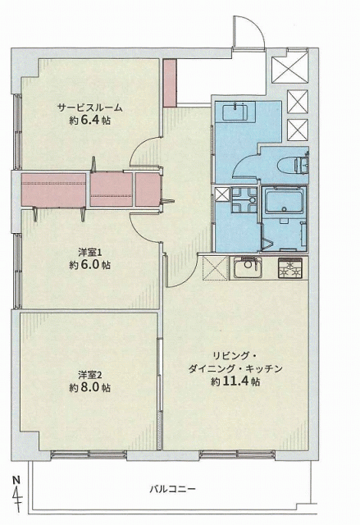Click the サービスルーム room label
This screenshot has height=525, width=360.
(x=89, y=107)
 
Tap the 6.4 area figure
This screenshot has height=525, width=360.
(x=89, y=121)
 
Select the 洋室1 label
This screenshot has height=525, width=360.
(x=89, y=252)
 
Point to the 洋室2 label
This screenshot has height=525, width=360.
(x=89, y=374)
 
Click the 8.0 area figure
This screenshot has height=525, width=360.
(x=89, y=387)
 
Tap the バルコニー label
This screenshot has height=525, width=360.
(x=172, y=489)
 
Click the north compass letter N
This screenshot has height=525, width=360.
(x=16, y=480)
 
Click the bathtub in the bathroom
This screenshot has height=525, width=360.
(x=284, y=200)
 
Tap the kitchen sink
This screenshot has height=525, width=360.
(x=248, y=267)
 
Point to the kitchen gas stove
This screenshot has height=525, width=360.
(x=290, y=268)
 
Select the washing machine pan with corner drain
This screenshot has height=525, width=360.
(x=244, y=200)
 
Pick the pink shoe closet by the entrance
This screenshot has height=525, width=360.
(x=170, y=83)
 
